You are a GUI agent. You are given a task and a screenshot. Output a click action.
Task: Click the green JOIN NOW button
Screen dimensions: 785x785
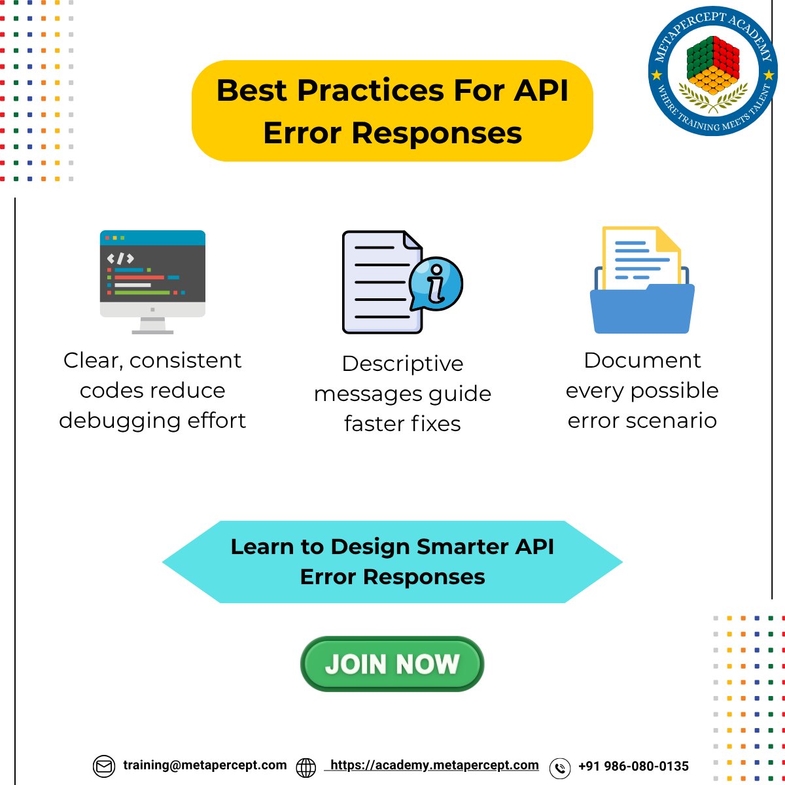point(392,664)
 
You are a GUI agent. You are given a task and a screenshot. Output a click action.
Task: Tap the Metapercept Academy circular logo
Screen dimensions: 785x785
point(713,71)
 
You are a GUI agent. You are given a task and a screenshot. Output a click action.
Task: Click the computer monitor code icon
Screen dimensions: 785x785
point(152,281)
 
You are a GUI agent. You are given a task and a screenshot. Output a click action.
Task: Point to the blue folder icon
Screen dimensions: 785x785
point(642,307)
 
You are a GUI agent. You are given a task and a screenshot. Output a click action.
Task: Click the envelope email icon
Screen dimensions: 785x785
point(103,766)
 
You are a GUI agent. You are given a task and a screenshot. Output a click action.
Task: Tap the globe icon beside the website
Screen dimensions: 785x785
point(305,767)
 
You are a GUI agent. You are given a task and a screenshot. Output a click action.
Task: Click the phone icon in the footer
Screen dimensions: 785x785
point(560,767)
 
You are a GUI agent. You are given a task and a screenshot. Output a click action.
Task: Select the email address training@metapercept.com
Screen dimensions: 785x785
point(205,765)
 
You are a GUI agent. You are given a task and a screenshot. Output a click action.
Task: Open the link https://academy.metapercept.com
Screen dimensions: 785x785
point(434,765)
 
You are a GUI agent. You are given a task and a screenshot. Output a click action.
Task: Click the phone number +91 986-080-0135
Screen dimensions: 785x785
point(633,766)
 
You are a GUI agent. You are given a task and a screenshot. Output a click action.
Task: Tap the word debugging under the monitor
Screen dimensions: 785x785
point(116,421)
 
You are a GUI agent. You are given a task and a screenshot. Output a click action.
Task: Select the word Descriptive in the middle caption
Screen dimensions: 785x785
point(402,364)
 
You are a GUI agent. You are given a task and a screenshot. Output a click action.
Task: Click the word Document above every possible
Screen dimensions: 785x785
point(642,360)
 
